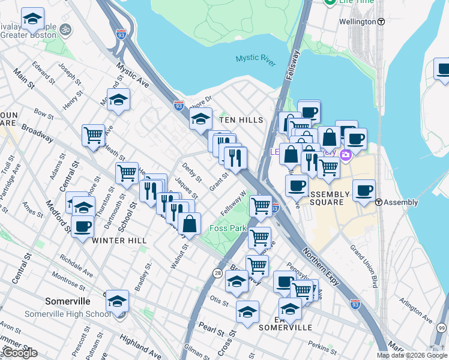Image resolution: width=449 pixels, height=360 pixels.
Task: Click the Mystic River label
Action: (255, 58)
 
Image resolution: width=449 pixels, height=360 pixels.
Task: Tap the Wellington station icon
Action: (381, 22)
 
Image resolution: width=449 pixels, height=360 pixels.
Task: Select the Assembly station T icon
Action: (379, 202)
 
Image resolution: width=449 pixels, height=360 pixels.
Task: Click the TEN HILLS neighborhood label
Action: (241, 120)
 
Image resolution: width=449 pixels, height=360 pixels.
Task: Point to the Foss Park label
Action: (228, 229)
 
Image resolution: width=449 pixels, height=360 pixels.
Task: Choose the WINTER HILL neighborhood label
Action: (119, 240)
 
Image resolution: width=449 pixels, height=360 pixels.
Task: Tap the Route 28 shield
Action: (217, 273)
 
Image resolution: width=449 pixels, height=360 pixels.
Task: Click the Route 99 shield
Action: (442, 328)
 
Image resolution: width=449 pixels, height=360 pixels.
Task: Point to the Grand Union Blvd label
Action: (366, 267)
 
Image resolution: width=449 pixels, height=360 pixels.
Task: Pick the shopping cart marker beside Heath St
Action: (93, 136)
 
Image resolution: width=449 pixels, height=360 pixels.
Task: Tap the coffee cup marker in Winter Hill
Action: (82, 226)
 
